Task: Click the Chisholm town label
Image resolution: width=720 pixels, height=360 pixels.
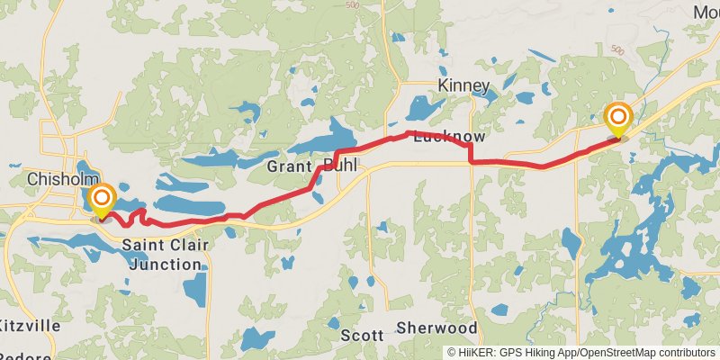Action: click(x=55, y=178)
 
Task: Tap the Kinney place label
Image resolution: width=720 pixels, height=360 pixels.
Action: click(x=463, y=86)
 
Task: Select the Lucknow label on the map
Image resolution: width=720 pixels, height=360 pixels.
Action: click(x=449, y=137)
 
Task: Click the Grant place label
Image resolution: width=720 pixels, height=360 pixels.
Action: click(x=289, y=167)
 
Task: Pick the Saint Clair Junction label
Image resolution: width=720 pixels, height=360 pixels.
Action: click(x=163, y=255)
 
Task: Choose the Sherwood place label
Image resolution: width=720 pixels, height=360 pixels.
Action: click(x=436, y=328)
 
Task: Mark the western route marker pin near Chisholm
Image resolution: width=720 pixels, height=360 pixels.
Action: click(x=103, y=201)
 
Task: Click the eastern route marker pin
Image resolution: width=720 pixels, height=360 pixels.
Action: click(x=618, y=120)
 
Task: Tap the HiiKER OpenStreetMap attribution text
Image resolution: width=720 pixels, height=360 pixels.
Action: click(x=581, y=353)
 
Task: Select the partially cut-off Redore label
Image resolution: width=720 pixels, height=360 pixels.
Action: click(x=27, y=355)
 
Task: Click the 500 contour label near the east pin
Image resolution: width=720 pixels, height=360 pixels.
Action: click(x=616, y=49)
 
